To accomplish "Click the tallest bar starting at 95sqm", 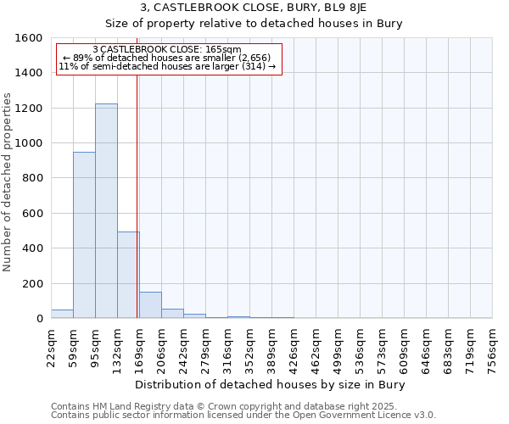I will click(x=106, y=211).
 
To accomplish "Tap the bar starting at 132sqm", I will click(x=128, y=275).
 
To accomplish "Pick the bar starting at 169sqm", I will click(x=150, y=305).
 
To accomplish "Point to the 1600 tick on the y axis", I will click(x=29, y=38).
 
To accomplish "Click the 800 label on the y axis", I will click(x=32, y=178).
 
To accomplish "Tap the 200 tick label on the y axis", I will click(x=32, y=283).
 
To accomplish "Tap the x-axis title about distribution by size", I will click(x=271, y=385).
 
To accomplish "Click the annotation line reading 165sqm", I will click(x=167, y=50).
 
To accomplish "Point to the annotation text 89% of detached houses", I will click(x=167, y=58).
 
